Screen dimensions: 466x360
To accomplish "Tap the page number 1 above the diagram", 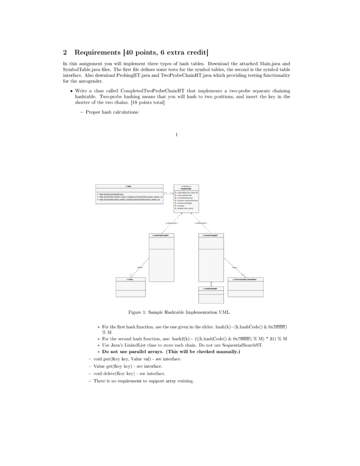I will tap(177, 134).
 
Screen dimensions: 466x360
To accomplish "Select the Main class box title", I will tap(129, 187).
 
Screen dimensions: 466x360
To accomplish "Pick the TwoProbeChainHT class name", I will tap(162, 235).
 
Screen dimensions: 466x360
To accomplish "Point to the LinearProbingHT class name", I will tap(211, 235).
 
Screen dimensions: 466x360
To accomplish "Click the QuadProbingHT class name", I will tap(211, 289).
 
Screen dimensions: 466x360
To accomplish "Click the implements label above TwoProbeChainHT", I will tap(172, 223).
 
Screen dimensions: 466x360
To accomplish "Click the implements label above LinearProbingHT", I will tap(200, 223).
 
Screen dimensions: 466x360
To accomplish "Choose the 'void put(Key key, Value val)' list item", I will tap(137, 359).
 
